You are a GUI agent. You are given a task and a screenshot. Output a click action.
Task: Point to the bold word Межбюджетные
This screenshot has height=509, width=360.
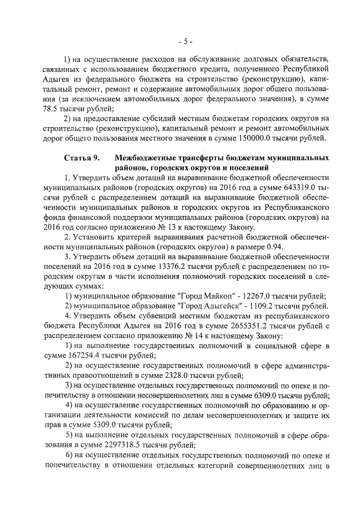click(x=145, y=159)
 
